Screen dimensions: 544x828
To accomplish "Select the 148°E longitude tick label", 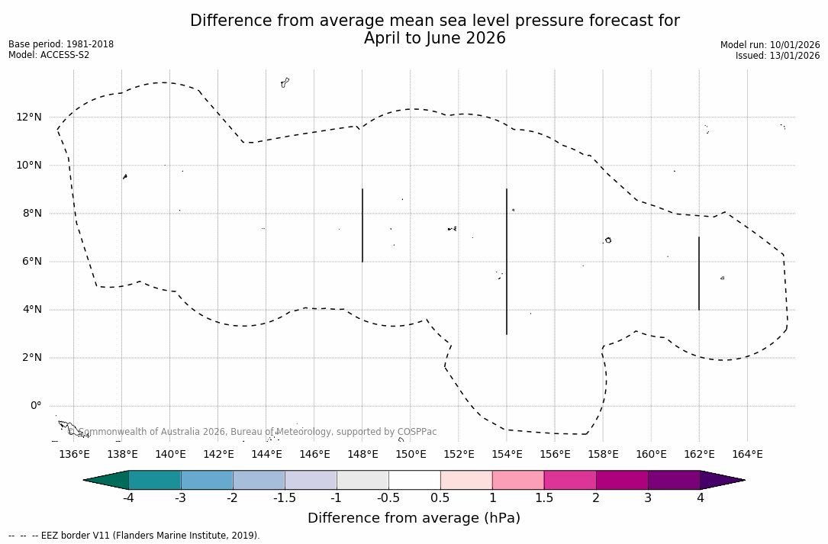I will pos(362,455).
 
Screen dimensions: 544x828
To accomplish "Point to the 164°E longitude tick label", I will pos(747,455).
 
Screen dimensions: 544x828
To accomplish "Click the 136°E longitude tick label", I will pos(74,455).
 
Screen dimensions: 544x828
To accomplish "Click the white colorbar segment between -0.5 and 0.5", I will pos(414,480).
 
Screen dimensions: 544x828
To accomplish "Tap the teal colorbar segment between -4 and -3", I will pos(155,480).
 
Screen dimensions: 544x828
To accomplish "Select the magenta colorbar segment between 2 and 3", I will pos(622,480).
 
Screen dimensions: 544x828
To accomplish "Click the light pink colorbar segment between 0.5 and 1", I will pos(466,480).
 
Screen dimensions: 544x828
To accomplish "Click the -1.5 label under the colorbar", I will pos(285,498).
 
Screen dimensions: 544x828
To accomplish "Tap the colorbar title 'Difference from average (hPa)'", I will pos(414,518).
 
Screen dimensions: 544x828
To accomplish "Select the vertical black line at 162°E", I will pos(699,273).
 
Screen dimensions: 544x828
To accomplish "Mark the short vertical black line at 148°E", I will pos(362,225).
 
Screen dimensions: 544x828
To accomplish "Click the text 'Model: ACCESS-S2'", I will pos(49,55).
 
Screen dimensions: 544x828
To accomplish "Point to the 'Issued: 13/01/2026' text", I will pos(778,56).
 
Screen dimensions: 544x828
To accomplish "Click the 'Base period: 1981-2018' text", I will pos(61,44).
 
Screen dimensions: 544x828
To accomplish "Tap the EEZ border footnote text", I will pos(134,536).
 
